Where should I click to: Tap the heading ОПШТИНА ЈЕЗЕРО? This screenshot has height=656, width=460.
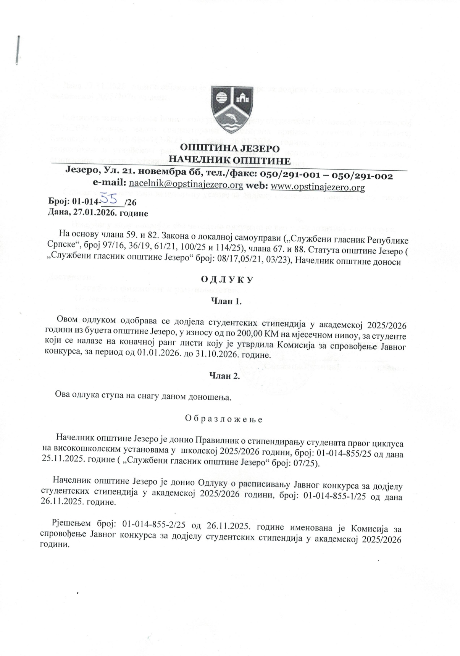229,148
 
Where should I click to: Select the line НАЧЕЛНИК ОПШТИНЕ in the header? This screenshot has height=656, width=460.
229,160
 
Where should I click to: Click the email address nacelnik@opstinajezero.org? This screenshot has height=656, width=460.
186,186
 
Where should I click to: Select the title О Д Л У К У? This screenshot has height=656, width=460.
227,280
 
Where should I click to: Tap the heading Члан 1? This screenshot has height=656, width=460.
226,301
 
